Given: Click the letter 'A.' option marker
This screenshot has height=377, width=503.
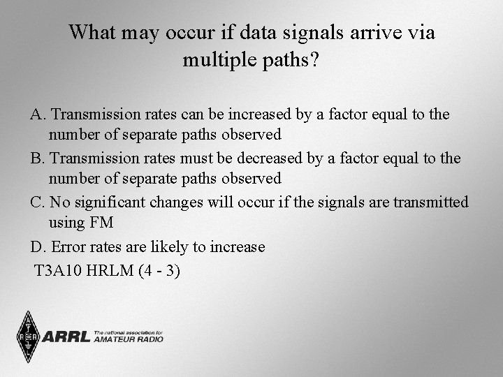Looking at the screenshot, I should [38, 113].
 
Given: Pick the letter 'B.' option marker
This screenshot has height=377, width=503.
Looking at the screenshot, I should [38, 158].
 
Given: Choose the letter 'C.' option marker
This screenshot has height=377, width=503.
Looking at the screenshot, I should [38, 202].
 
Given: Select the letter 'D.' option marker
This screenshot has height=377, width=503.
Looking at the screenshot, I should [38, 247].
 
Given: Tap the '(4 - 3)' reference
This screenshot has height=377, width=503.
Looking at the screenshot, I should [159, 269].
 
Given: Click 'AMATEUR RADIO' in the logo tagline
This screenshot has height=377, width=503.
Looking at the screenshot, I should [129, 340].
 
